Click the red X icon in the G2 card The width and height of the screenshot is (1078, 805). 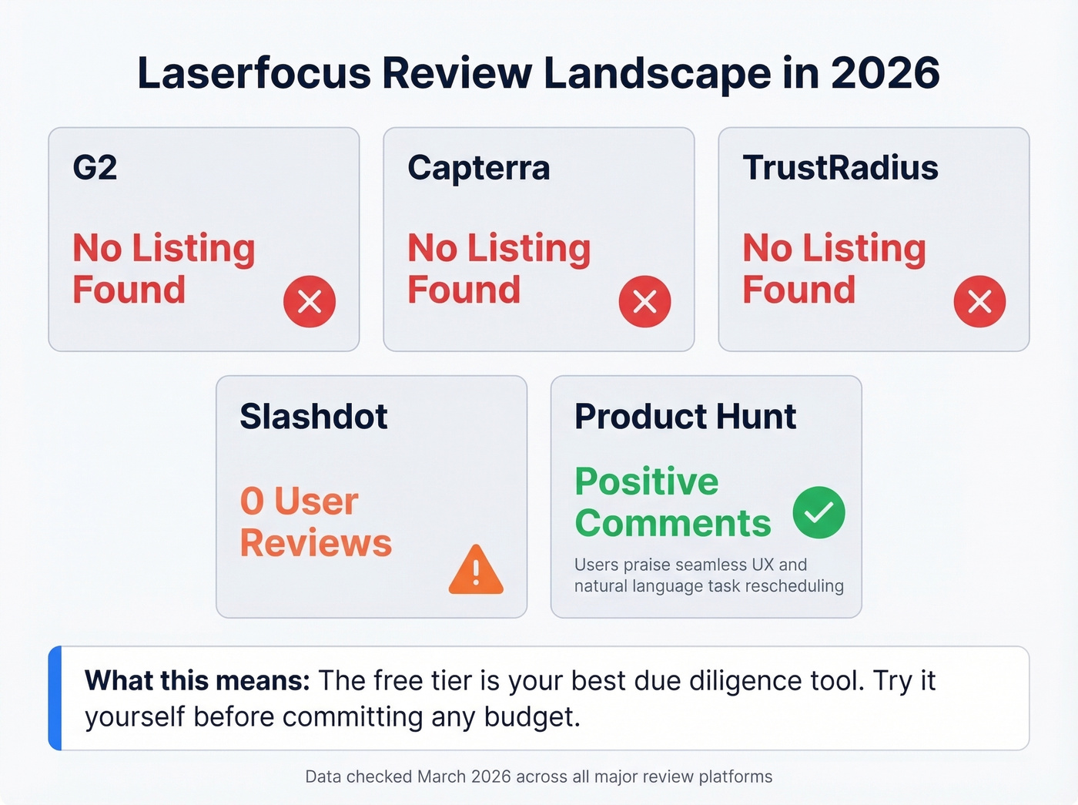(x=310, y=301)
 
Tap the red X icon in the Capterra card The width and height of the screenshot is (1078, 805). (x=644, y=301)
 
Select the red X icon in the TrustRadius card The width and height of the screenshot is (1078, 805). (x=979, y=301)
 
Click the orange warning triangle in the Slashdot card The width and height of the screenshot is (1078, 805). (x=476, y=571)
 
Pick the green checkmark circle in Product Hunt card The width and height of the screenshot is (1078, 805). (x=819, y=512)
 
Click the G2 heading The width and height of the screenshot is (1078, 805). (x=95, y=168)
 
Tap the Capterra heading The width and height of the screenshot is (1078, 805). (x=478, y=168)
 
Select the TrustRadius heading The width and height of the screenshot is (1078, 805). (x=840, y=168)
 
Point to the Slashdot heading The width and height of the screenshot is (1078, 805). (x=313, y=417)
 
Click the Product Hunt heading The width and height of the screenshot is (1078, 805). (x=685, y=417)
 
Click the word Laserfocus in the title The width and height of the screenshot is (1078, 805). (x=254, y=74)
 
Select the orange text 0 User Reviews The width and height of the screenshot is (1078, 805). (x=315, y=522)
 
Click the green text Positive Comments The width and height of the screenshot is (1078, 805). (x=672, y=502)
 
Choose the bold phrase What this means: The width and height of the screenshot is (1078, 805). (x=197, y=681)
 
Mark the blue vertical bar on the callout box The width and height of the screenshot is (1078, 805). (x=55, y=698)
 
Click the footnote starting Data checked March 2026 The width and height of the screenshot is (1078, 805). (x=538, y=776)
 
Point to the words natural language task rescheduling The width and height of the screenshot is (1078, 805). (x=708, y=586)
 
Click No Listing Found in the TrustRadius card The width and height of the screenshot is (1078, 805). (x=833, y=269)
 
